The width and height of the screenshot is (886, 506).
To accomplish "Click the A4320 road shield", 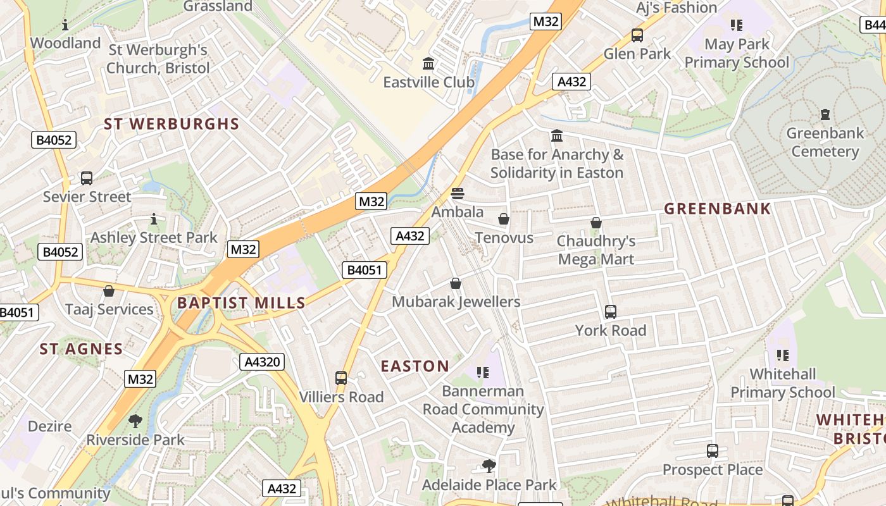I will [x=263, y=362].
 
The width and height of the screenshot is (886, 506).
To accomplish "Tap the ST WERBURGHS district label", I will [x=172, y=124].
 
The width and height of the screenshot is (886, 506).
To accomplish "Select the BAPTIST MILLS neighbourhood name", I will [x=241, y=303].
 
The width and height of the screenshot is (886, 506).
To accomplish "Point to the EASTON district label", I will [x=415, y=366].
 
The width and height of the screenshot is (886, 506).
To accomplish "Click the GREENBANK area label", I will [x=717, y=209].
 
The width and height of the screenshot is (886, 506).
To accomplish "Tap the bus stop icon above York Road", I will [x=611, y=312].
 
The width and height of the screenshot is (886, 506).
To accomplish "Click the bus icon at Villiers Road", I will [x=341, y=378].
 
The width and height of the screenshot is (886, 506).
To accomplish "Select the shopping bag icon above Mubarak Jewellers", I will [x=456, y=283].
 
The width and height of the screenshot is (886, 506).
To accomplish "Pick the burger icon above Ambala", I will [x=458, y=194].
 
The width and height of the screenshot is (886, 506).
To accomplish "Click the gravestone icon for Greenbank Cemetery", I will [x=825, y=114].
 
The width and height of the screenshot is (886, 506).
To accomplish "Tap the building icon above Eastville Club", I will [x=428, y=64].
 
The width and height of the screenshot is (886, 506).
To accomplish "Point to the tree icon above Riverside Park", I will [x=135, y=421].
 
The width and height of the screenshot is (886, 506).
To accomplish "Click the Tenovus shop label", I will [x=504, y=238].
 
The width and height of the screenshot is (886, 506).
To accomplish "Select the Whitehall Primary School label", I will [x=783, y=383].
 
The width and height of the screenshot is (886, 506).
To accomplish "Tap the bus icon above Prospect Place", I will [x=713, y=451].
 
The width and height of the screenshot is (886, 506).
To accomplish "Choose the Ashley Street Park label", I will [x=154, y=238].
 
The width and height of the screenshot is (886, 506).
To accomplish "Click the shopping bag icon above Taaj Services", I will [x=109, y=291].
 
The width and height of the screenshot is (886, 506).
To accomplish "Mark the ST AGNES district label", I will [x=81, y=349].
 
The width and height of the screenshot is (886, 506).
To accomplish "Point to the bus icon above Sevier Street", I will [x=87, y=178].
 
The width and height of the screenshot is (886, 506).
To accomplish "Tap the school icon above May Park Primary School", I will [x=736, y=25].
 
